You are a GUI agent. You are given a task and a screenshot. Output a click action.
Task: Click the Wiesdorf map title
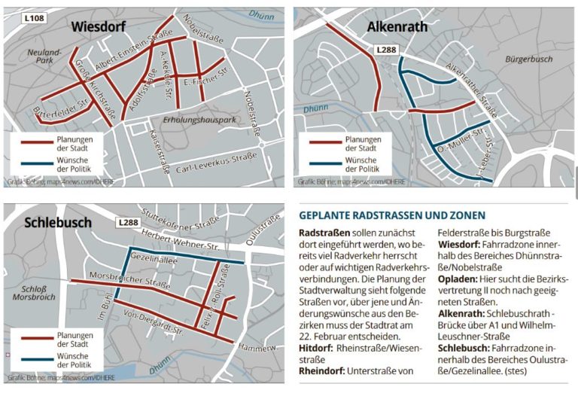tap(103, 27)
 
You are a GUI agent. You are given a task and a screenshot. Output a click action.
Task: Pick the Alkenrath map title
tap(397, 28)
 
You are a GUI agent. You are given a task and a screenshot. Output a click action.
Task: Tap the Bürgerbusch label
tap(529, 59)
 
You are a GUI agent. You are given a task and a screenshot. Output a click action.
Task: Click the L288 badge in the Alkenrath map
tap(386, 50)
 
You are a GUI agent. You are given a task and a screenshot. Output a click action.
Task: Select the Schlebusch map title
tap(58, 223)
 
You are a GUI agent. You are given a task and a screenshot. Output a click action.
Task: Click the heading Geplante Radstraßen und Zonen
tap(392, 215)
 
